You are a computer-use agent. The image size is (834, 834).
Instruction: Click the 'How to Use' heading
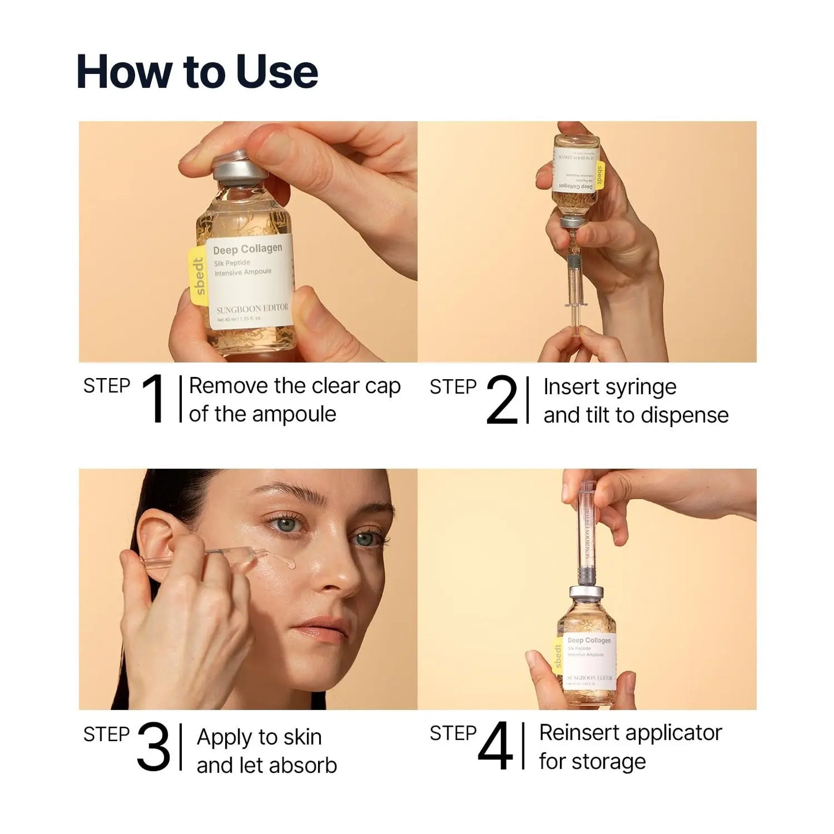pyautogui.click(x=197, y=72)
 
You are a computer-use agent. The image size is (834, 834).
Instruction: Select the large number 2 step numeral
pyautogui.click(x=502, y=401)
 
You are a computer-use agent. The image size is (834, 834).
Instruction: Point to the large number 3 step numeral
pyautogui.click(x=154, y=747)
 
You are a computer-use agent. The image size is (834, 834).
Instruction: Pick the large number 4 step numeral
pyautogui.click(x=495, y=746)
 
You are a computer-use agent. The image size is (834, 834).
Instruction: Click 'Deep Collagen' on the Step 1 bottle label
pyautogui.click(x=247, y=249)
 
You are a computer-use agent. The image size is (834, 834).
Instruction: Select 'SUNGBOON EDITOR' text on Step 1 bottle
pyautogui.click(x=252, y=308)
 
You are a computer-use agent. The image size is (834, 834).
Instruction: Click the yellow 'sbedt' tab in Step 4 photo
pyautogui.click(x=558, y=656)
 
